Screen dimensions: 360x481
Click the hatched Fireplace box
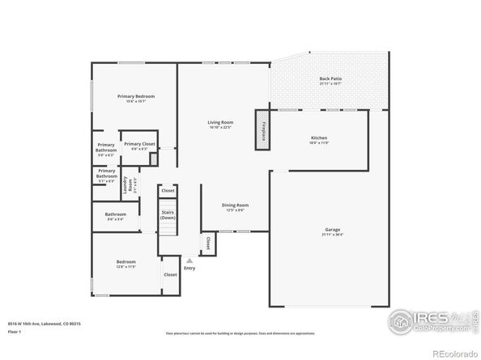(x=263, y=131)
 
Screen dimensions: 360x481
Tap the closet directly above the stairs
(x=168, y=190)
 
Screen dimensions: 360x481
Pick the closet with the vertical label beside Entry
(x=207, y=242)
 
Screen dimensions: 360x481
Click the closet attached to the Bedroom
(x=170, y=274)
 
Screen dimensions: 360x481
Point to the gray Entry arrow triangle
(x=189, y=261)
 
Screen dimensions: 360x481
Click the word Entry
(x=189, y=269)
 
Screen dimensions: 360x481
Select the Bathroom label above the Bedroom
(x=115, y=216)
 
